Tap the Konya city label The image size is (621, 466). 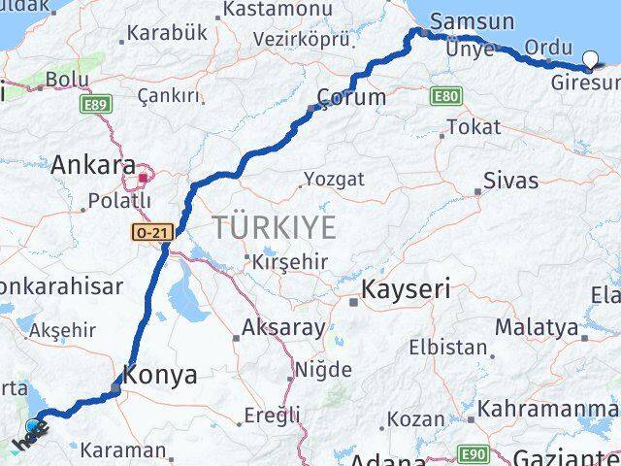(160, 374)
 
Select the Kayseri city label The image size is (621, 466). (406, 289)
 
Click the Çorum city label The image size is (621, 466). (353, 97)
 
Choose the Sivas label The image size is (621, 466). (511, 181)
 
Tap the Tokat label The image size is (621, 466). (474, 126)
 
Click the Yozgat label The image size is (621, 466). (335, 179)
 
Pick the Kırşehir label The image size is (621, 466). (290, 262)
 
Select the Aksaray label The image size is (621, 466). (283, 327)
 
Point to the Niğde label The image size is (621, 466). (323, 370)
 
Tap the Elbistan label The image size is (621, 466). (447, 347)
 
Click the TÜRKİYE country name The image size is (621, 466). (275, 228)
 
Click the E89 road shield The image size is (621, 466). (95, 103)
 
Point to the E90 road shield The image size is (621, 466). (474, 454)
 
